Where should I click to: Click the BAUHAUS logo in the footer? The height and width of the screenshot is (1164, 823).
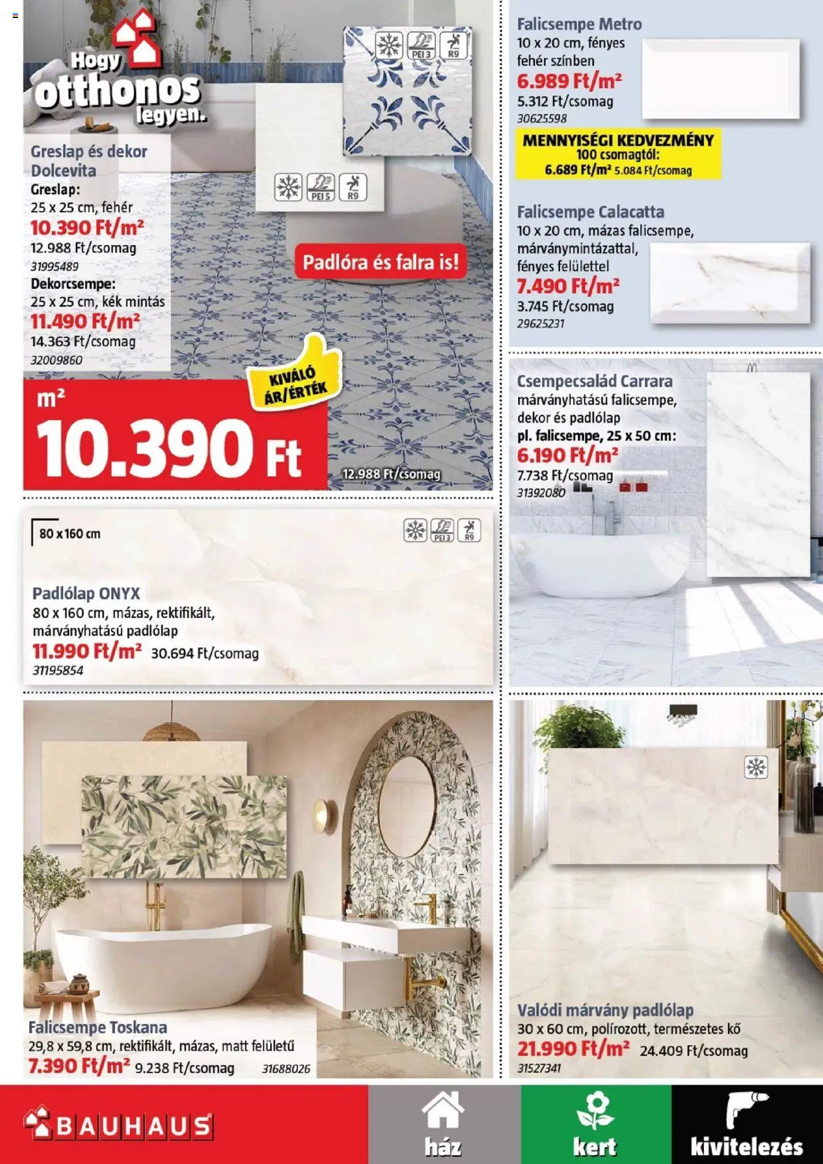118,1125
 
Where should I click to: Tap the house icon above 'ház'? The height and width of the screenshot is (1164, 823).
443,1111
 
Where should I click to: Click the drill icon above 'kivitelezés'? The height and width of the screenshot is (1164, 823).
746,1109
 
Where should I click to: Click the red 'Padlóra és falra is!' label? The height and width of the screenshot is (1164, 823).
381,262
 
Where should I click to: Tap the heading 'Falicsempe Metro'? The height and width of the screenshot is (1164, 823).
579,24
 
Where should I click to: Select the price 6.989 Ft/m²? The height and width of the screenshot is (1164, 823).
569,82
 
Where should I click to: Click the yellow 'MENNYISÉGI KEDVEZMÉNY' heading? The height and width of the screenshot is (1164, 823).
618,140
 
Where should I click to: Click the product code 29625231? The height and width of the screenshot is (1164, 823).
541,324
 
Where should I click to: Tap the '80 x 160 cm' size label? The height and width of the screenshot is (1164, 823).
69,534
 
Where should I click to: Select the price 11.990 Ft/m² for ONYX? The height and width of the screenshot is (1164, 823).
87,651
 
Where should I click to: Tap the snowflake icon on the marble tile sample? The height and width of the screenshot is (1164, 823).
756,767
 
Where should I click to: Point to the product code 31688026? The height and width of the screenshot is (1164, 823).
286,1069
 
